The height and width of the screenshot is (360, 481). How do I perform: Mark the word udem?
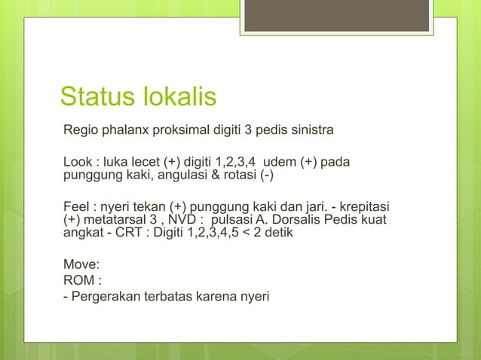[282, 163]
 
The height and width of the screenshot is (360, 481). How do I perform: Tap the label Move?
[81, 265]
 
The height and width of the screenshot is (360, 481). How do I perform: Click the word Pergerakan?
[105, 294]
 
